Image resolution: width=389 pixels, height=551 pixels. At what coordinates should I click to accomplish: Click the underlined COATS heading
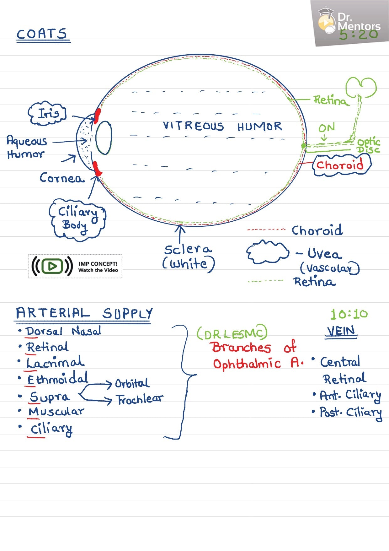pos(42,34)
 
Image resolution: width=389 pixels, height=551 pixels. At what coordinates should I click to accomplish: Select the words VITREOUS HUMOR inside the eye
pos(222,126)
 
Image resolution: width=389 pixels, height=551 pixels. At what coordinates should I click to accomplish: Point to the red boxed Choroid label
pos(341,165)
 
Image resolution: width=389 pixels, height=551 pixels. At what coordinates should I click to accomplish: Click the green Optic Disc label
pos(369,146)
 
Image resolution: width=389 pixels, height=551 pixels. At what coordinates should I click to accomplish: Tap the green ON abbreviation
pos(326,128)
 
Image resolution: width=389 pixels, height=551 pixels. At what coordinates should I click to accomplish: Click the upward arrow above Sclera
pos(180,232)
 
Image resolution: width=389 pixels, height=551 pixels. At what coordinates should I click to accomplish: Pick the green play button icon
pos(52,266)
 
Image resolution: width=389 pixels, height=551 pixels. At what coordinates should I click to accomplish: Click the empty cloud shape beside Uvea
pos(267,252)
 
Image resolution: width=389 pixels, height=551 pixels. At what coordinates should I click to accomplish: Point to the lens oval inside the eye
pos(104,138)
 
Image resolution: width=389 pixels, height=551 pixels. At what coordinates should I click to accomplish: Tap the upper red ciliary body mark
pos(97,115)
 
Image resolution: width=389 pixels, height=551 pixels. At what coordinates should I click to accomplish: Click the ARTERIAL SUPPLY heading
pos(84,313)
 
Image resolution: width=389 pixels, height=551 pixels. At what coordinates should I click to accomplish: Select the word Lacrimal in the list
pos(55,363)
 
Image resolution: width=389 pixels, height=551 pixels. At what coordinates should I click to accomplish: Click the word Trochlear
pos(140,399)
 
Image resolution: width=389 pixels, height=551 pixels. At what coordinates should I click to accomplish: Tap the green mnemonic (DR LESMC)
pos(232,333)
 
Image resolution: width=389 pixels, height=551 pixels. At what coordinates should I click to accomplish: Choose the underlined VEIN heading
pos(341,331)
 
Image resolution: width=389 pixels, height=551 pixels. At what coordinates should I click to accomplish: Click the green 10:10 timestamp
pos(349,314)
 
